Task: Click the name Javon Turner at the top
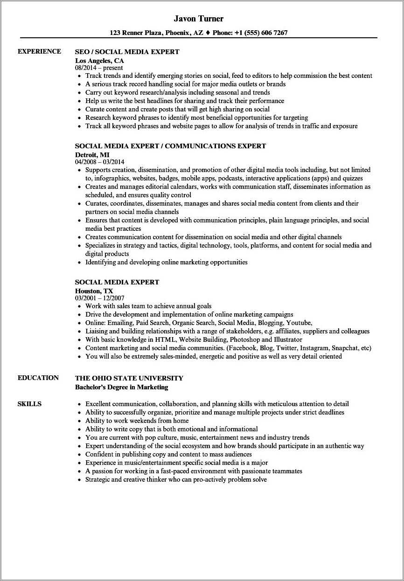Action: pos(198,19)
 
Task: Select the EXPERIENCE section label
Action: pos(39,51)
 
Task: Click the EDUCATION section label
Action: pos(38,378)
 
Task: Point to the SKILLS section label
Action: pos(29,404)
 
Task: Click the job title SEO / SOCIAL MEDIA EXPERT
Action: pos(127,52)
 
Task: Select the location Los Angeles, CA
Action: pos(99,60)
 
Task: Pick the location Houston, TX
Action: pos(94,290)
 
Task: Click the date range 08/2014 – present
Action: pos(99,68)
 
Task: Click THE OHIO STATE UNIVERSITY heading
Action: pos(129,378)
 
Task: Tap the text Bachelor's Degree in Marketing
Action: pos(121,387)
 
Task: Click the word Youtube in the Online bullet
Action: pos(298,323)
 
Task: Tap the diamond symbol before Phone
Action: pos(208,33)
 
